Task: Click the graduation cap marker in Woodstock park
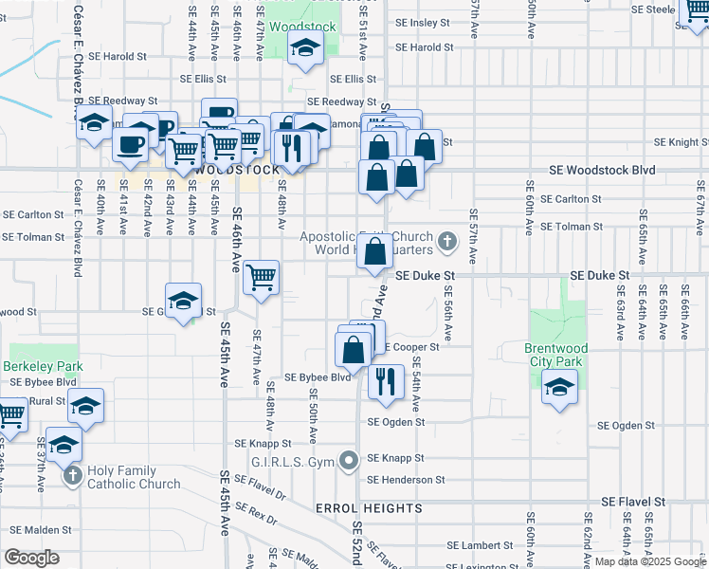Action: coord(304,47)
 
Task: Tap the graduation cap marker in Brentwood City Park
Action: coord(559,386)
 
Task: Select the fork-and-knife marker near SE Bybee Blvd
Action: coord(385,380)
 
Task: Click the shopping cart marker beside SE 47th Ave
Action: coord(261,277)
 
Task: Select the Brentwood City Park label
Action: coord(556,355)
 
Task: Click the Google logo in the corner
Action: coord(32,557)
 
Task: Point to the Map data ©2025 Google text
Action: coord(648,561)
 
